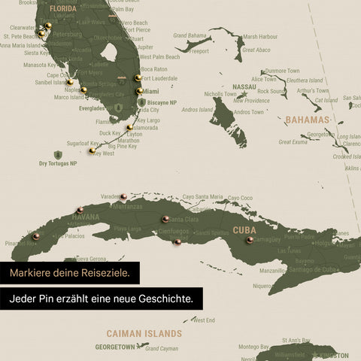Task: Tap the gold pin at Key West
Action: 92,150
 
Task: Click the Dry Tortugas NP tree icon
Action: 57,155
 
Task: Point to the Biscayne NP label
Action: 162,102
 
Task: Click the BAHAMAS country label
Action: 307,120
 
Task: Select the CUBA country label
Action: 244,230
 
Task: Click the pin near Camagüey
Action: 250,240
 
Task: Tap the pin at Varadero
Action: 123,196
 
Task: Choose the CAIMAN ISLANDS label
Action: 144,333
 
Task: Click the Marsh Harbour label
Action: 259,36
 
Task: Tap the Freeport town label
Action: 199,52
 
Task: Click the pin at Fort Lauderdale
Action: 138,77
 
